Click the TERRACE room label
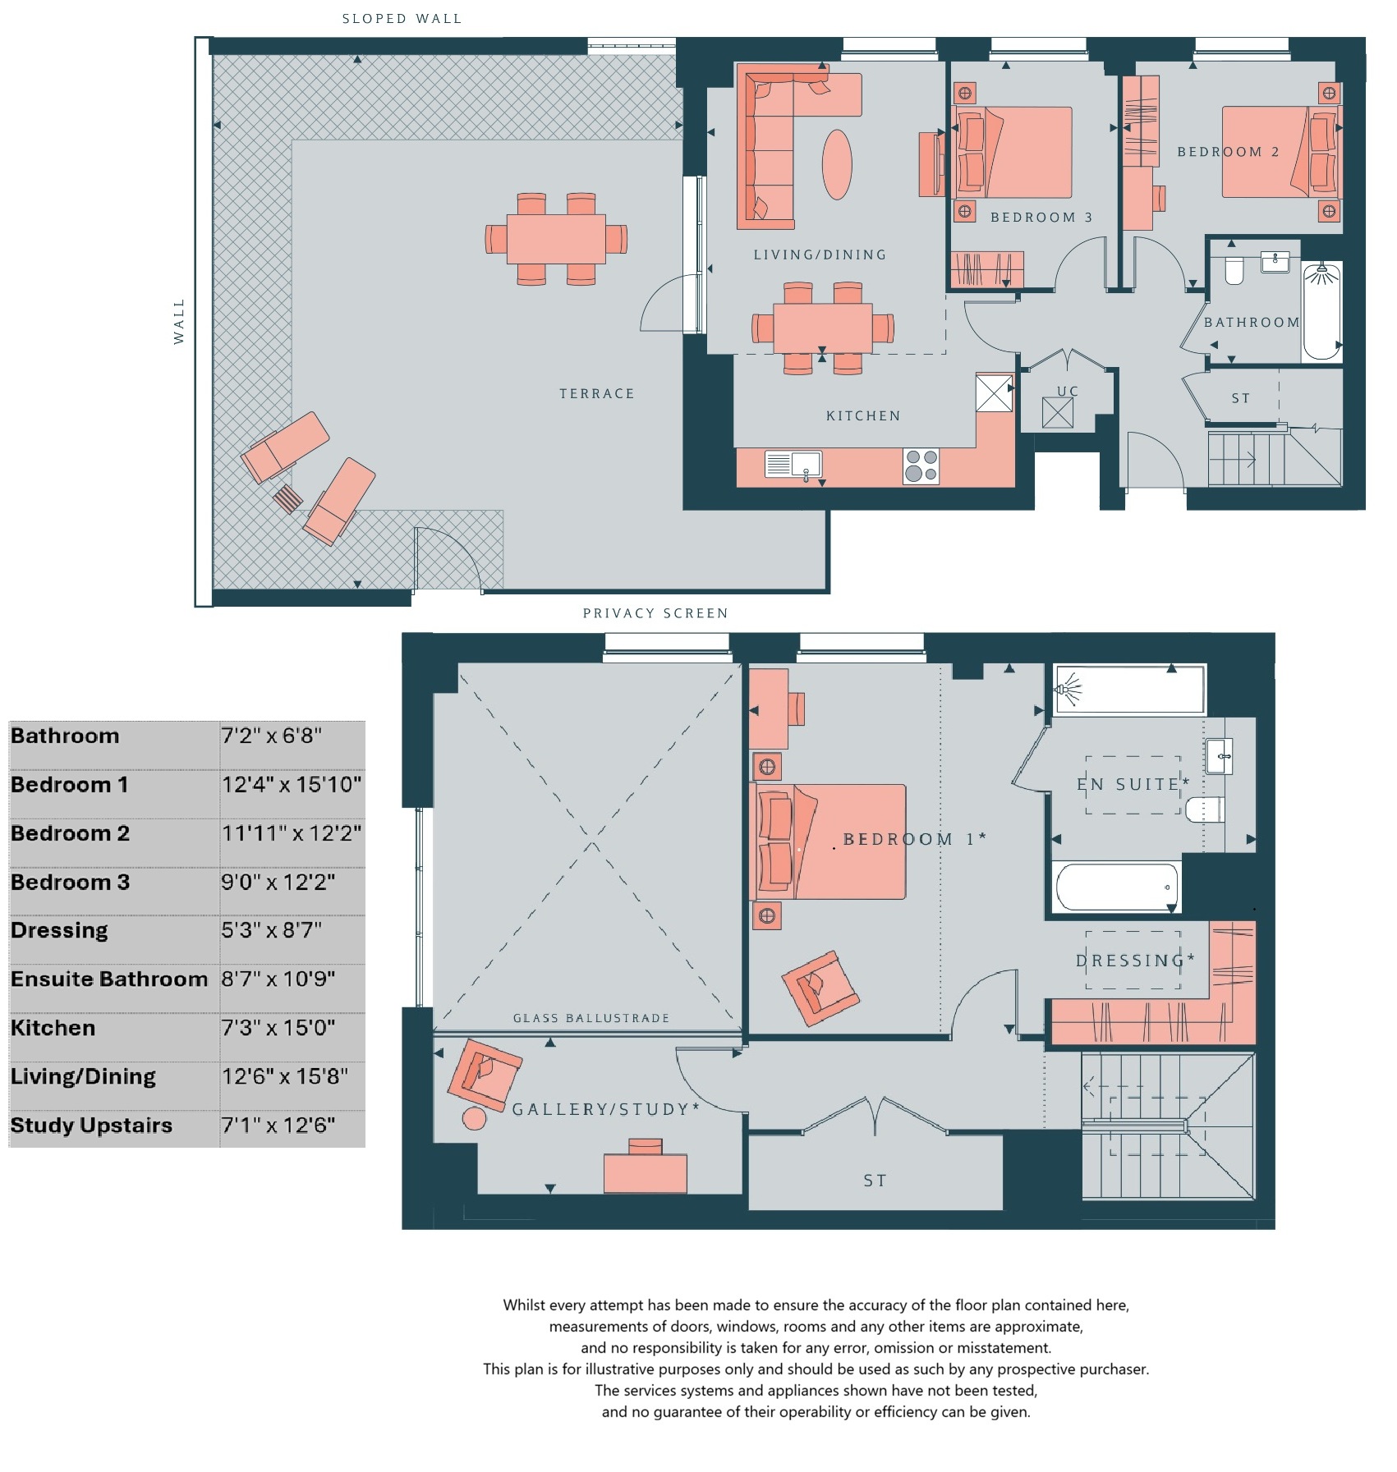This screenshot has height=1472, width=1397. pyautogui.click(x=597, y=394)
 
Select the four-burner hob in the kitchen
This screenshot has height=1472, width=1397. pyautogui.click(x=921, y=465)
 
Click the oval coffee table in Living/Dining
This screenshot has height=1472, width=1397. pyautogui.click(x=837, y=164)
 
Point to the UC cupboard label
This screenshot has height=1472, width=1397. pyautogui.click(x=1068, y=392)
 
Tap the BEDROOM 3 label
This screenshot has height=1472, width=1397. pyautogui.click(x=1041, y=218)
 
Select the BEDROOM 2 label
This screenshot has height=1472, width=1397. pyautogui.click(x=1228, y=152)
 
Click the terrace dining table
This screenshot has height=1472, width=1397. pyautogui.click(x=556, y=238)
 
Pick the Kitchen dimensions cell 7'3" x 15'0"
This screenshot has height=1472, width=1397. pyautogui.click(x=278, y=1028)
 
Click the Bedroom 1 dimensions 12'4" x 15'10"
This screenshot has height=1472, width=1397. pyautogui.click(x=292, y=785)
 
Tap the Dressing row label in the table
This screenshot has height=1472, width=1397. pyautogui.click(x=59, y=931)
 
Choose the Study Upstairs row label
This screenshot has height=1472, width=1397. pyautogui.click(x=91, y=1126)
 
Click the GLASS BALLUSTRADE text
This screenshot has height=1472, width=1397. pyautogui.click(x=591, y=1018)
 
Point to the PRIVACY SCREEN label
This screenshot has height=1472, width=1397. pyautogui.click(x=655, y=613)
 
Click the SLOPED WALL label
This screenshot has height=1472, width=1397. pyautogui.click(x=402, y=19)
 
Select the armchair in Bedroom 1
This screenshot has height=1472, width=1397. pyautogui.click(x=820, y=988)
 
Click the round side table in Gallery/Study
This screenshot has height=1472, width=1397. pyautogui.click(x=475, y=1118)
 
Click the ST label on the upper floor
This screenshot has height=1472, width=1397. pyautogui.click(x=875, y=1181)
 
